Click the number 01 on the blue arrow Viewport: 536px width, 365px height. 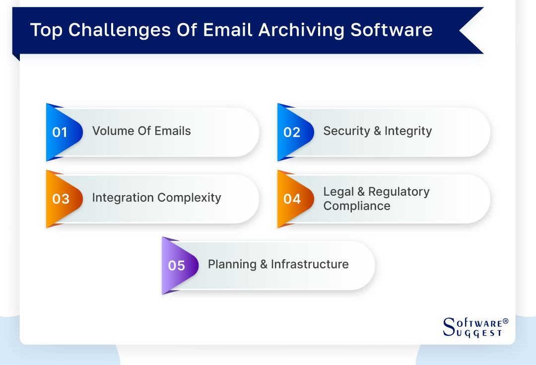60,132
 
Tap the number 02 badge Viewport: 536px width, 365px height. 292,132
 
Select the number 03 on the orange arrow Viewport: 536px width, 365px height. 61,199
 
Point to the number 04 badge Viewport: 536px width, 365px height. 292,199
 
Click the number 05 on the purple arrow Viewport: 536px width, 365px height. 176,265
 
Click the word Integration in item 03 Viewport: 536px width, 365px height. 123,198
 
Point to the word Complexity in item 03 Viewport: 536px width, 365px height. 189,198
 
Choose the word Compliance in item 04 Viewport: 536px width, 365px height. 357,206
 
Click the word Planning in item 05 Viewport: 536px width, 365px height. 231,264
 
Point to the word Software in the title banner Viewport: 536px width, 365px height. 392,30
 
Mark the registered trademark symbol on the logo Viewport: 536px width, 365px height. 506,321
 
